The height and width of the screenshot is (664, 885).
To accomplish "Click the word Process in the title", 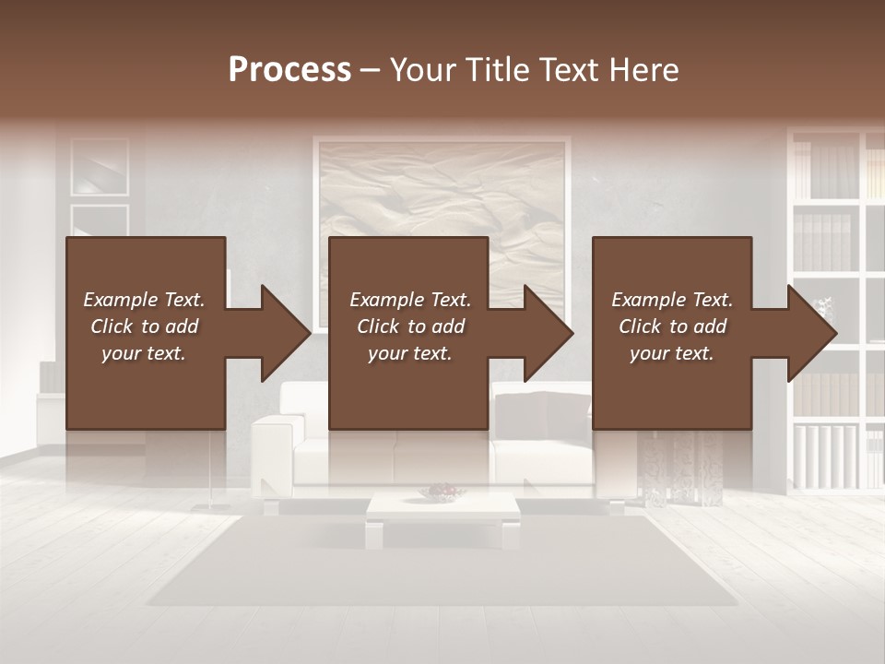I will pyautogui.click(x=289, y=70).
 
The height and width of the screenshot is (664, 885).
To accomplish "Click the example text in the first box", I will pyautogui.click(x=144, y=326).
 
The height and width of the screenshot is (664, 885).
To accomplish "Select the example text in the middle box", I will pyautogui.click(x=410, y=326).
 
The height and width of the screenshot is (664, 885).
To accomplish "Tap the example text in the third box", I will pyautogui.click(x=672, y=326).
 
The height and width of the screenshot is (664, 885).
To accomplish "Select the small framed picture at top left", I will pyautogui.click(x=100, y=166).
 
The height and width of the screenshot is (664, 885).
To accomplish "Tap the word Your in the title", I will pyautogui.click(x=423, y=70).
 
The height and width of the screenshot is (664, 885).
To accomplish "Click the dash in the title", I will pyautogui.click(x=370, y=70).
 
